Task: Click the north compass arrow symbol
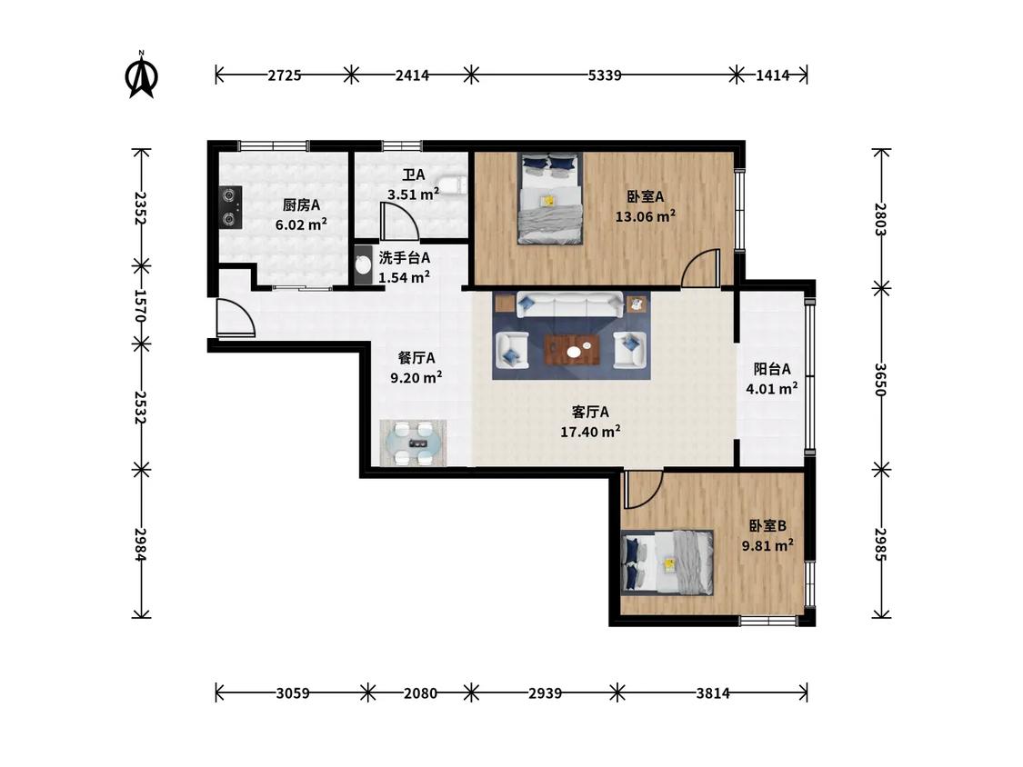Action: click(141, 75)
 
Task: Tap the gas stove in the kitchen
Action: click(230, 207)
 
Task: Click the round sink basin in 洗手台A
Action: click(363, 264)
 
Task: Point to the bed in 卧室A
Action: click(549, 198)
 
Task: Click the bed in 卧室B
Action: click(667, 563)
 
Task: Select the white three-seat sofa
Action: click(569, 304)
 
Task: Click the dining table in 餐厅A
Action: click(414, 443)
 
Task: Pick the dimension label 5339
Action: click(604, 75)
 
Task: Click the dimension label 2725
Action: click(285, 75)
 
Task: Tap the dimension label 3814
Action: click(712, 692)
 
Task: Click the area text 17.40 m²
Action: click(590, 431)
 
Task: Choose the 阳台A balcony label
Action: click(772, 369)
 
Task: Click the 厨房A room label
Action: click(301, 205)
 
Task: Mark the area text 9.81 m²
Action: click(767, 545)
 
